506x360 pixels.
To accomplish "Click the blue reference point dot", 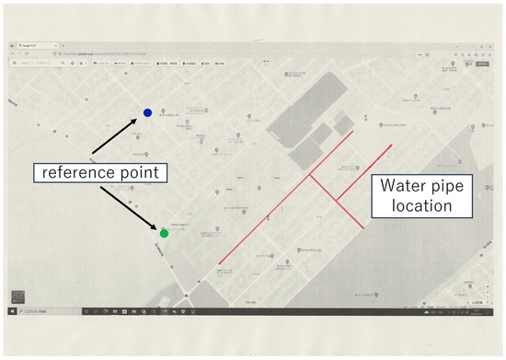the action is coord(147,113).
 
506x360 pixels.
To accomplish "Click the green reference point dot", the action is coord(164,233).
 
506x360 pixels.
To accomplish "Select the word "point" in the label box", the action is coord(139,172).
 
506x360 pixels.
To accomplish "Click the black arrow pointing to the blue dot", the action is coord(117,134).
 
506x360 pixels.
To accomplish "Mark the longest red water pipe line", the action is coord(285,197).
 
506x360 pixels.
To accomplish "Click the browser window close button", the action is coord(489,44).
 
